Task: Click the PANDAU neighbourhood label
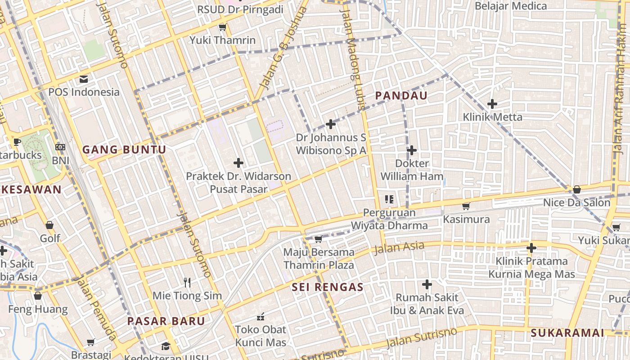pos(401,96)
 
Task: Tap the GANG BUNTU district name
pos(124,150)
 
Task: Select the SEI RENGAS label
pos(327,287)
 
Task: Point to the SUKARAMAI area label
pos(567,333)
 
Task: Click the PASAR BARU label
pos(166,321)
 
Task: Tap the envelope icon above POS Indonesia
pos(84,80)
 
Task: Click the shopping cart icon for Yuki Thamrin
pos(222,27)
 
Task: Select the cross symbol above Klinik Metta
pos(492,104)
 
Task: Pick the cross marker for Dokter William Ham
pos(412,150)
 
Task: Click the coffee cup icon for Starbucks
pos(17,142)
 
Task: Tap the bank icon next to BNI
pos(60,147)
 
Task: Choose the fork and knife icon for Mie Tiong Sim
pos(187,283)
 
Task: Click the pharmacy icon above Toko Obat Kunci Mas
pos(260,317)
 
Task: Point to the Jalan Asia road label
pos(399,247)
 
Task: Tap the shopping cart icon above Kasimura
pos(466,206)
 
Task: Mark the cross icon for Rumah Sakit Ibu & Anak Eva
pos(427,284)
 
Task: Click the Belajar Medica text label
pos(511,6)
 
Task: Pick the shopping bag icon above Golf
pos(49,225)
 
